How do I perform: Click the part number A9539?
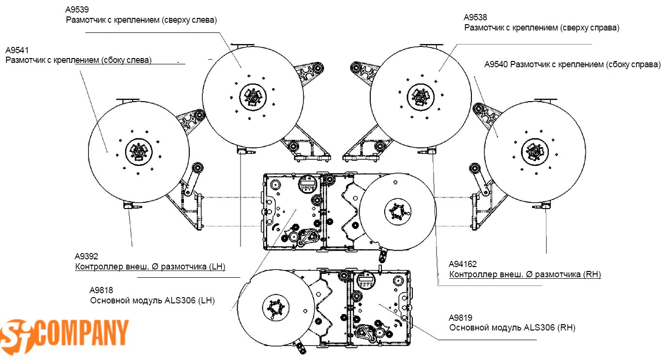(x=77, y=10)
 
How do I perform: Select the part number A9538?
(x=475, y=17)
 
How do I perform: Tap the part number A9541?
(x=17, y=50)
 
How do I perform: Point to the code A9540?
(x=496, y=64)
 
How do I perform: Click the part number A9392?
(x=86, y=256)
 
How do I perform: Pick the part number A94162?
(x=463, y=264)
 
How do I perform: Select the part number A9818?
(x=101, y=290)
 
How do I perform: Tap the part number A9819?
(x=460, y=317)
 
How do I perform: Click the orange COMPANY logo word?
(x=83, y=333)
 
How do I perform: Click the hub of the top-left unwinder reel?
(x=253, y=97)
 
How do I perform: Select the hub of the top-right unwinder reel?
(x=421, y=97)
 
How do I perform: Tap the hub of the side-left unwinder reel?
(x=139, y=152)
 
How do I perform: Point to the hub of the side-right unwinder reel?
(x=535, y=152)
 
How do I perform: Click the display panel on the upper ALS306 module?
(x=307, y=184)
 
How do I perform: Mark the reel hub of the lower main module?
(x=276, y=308)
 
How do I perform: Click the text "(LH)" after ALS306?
(x=207, y=300)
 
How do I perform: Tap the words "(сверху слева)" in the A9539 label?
(x=189, y=20)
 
